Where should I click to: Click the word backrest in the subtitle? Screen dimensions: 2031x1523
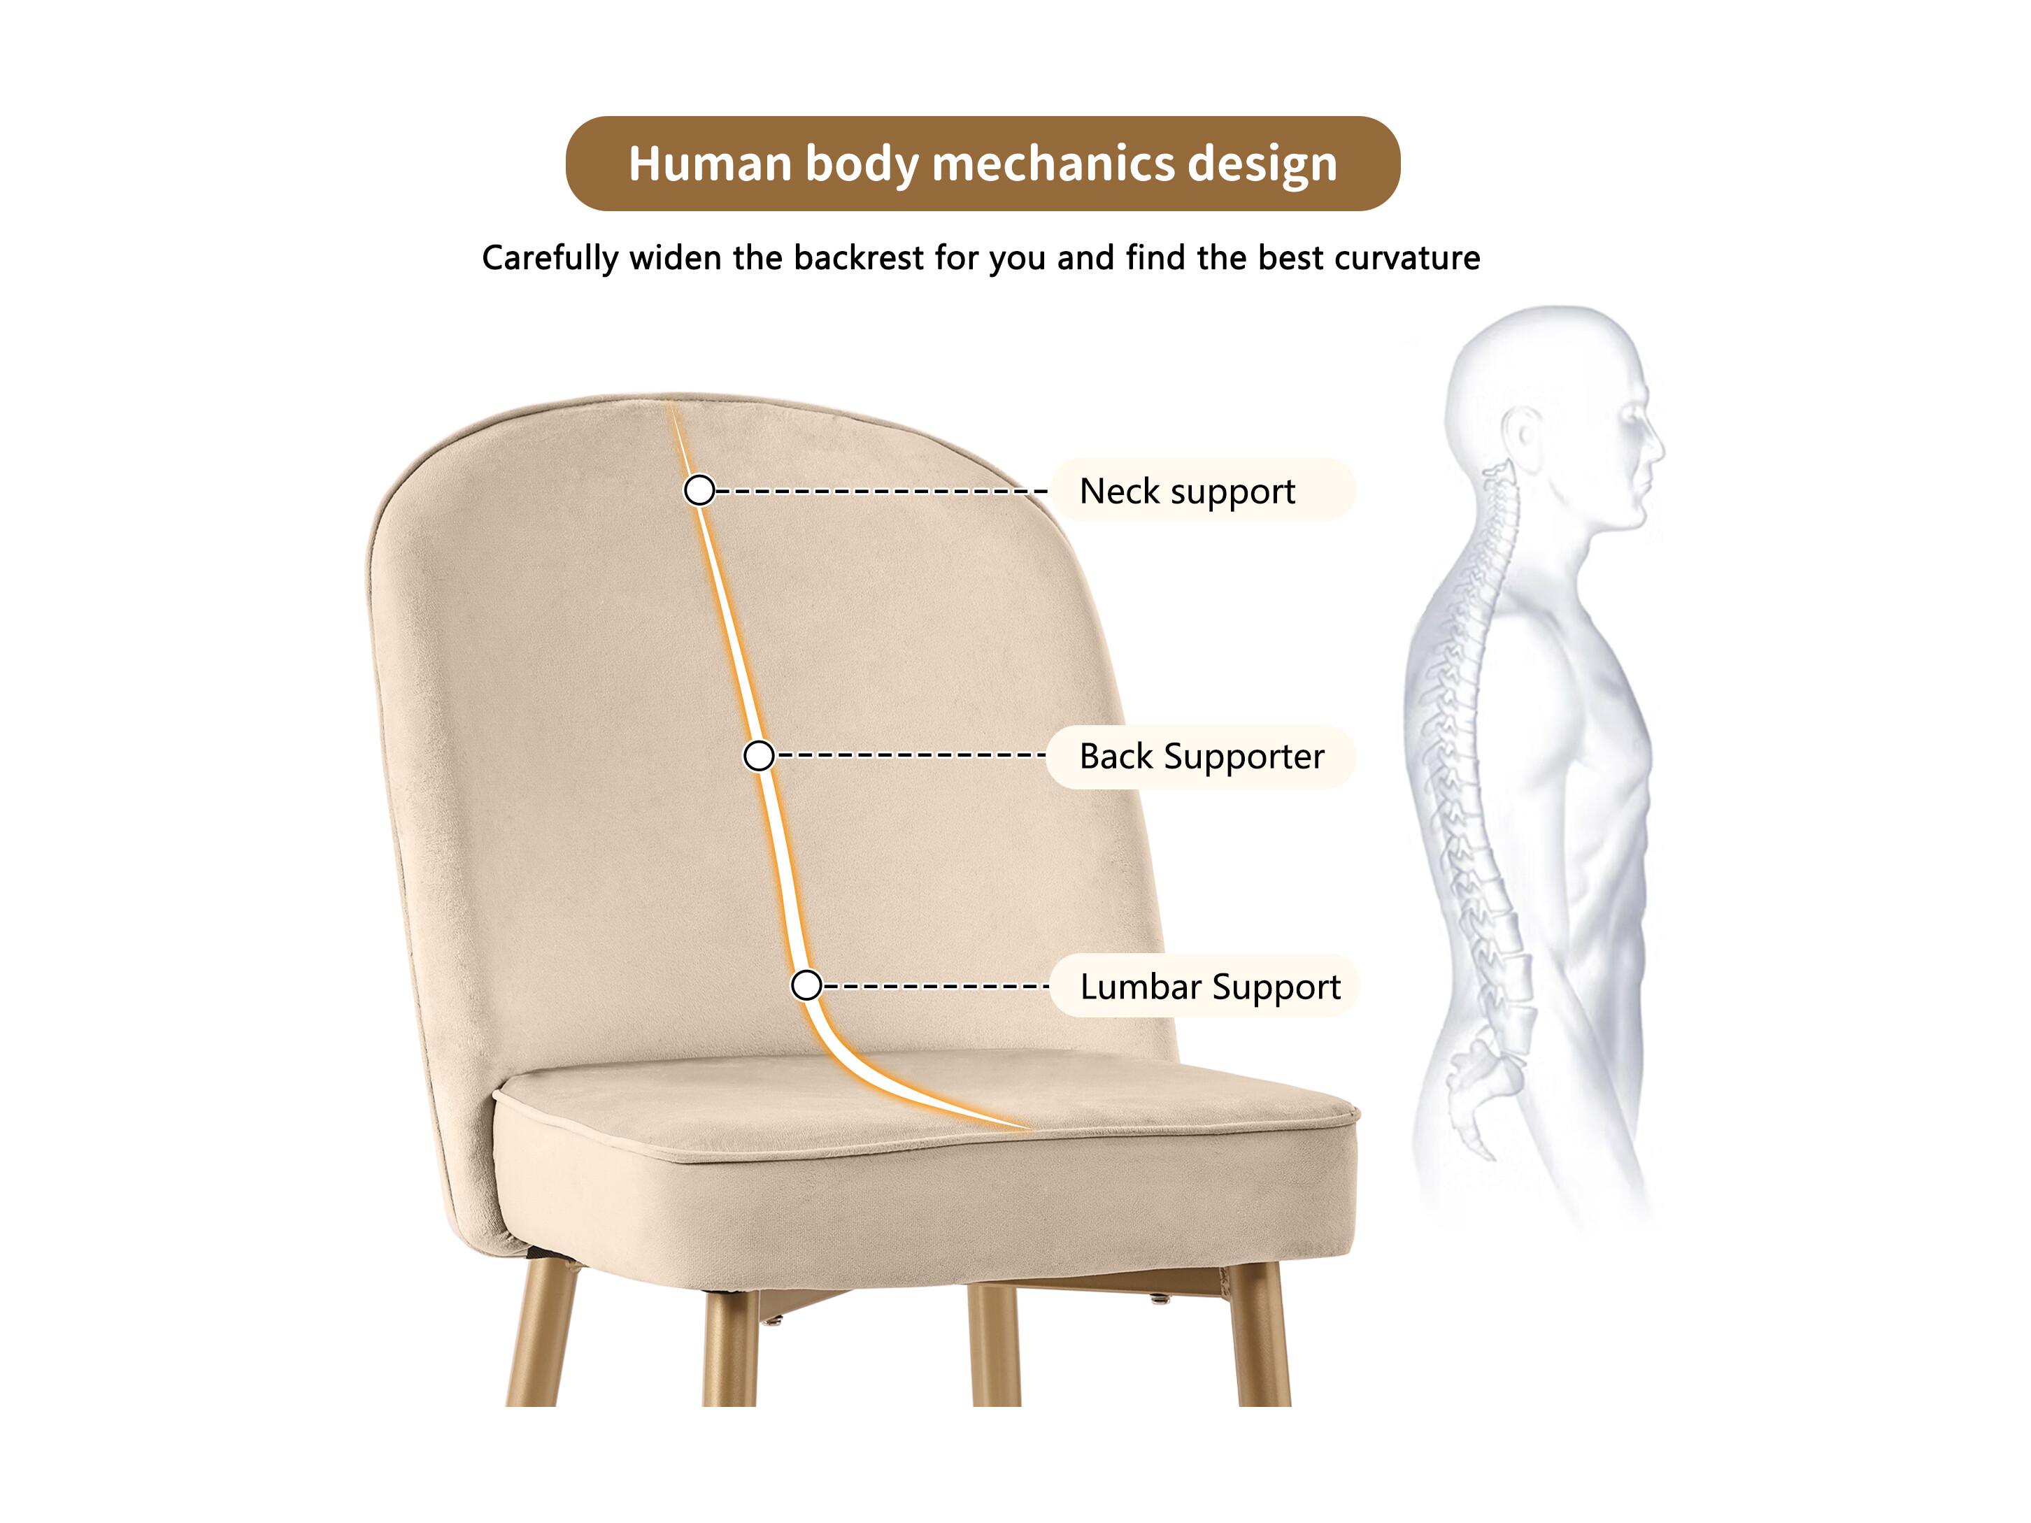(x=859, y=258)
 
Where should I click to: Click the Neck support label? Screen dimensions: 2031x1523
(x=1188, y=491)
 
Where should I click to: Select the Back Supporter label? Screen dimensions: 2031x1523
(x=1202, y=757)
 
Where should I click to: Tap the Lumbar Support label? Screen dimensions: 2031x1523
(x=1210, y=987)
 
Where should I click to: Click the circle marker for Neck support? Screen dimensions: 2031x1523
(x=699, y=490)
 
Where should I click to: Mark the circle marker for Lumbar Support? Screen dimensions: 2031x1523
(x=806, y=986)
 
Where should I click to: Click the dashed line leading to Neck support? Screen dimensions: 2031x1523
(x=881, y=491)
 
